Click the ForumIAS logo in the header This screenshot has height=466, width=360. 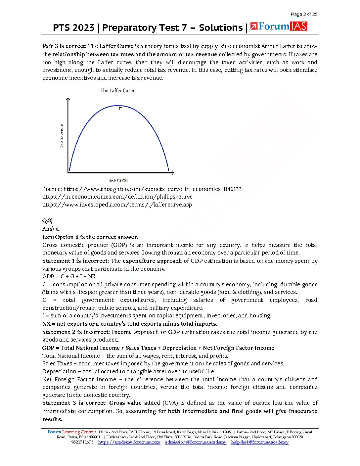point(279,26)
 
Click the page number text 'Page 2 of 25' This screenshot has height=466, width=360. point(304,14)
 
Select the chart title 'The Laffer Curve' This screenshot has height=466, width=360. point(118,91)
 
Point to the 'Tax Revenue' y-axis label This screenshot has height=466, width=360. point(62,136)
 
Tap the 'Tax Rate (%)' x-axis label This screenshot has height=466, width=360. point(118,180)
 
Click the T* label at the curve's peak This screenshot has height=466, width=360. point(120,109)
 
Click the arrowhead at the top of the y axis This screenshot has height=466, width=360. point(68,99)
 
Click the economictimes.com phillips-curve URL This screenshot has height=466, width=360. point(117,197)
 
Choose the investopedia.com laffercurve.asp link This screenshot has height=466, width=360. point(117,205)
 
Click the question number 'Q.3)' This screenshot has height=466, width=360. point(47,221)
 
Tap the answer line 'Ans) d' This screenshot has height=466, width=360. point(51,229)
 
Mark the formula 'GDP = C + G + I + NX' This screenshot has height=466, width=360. point(69,276)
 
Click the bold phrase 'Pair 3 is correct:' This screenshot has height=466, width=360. point(65,46)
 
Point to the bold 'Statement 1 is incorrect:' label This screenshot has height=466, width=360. point(76,261)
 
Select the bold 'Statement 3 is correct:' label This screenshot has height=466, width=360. point(74,403)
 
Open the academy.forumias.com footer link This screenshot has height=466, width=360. point(129,442)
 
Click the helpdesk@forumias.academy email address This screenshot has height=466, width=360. point(260,442)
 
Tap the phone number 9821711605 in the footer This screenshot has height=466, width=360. point(82,442)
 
